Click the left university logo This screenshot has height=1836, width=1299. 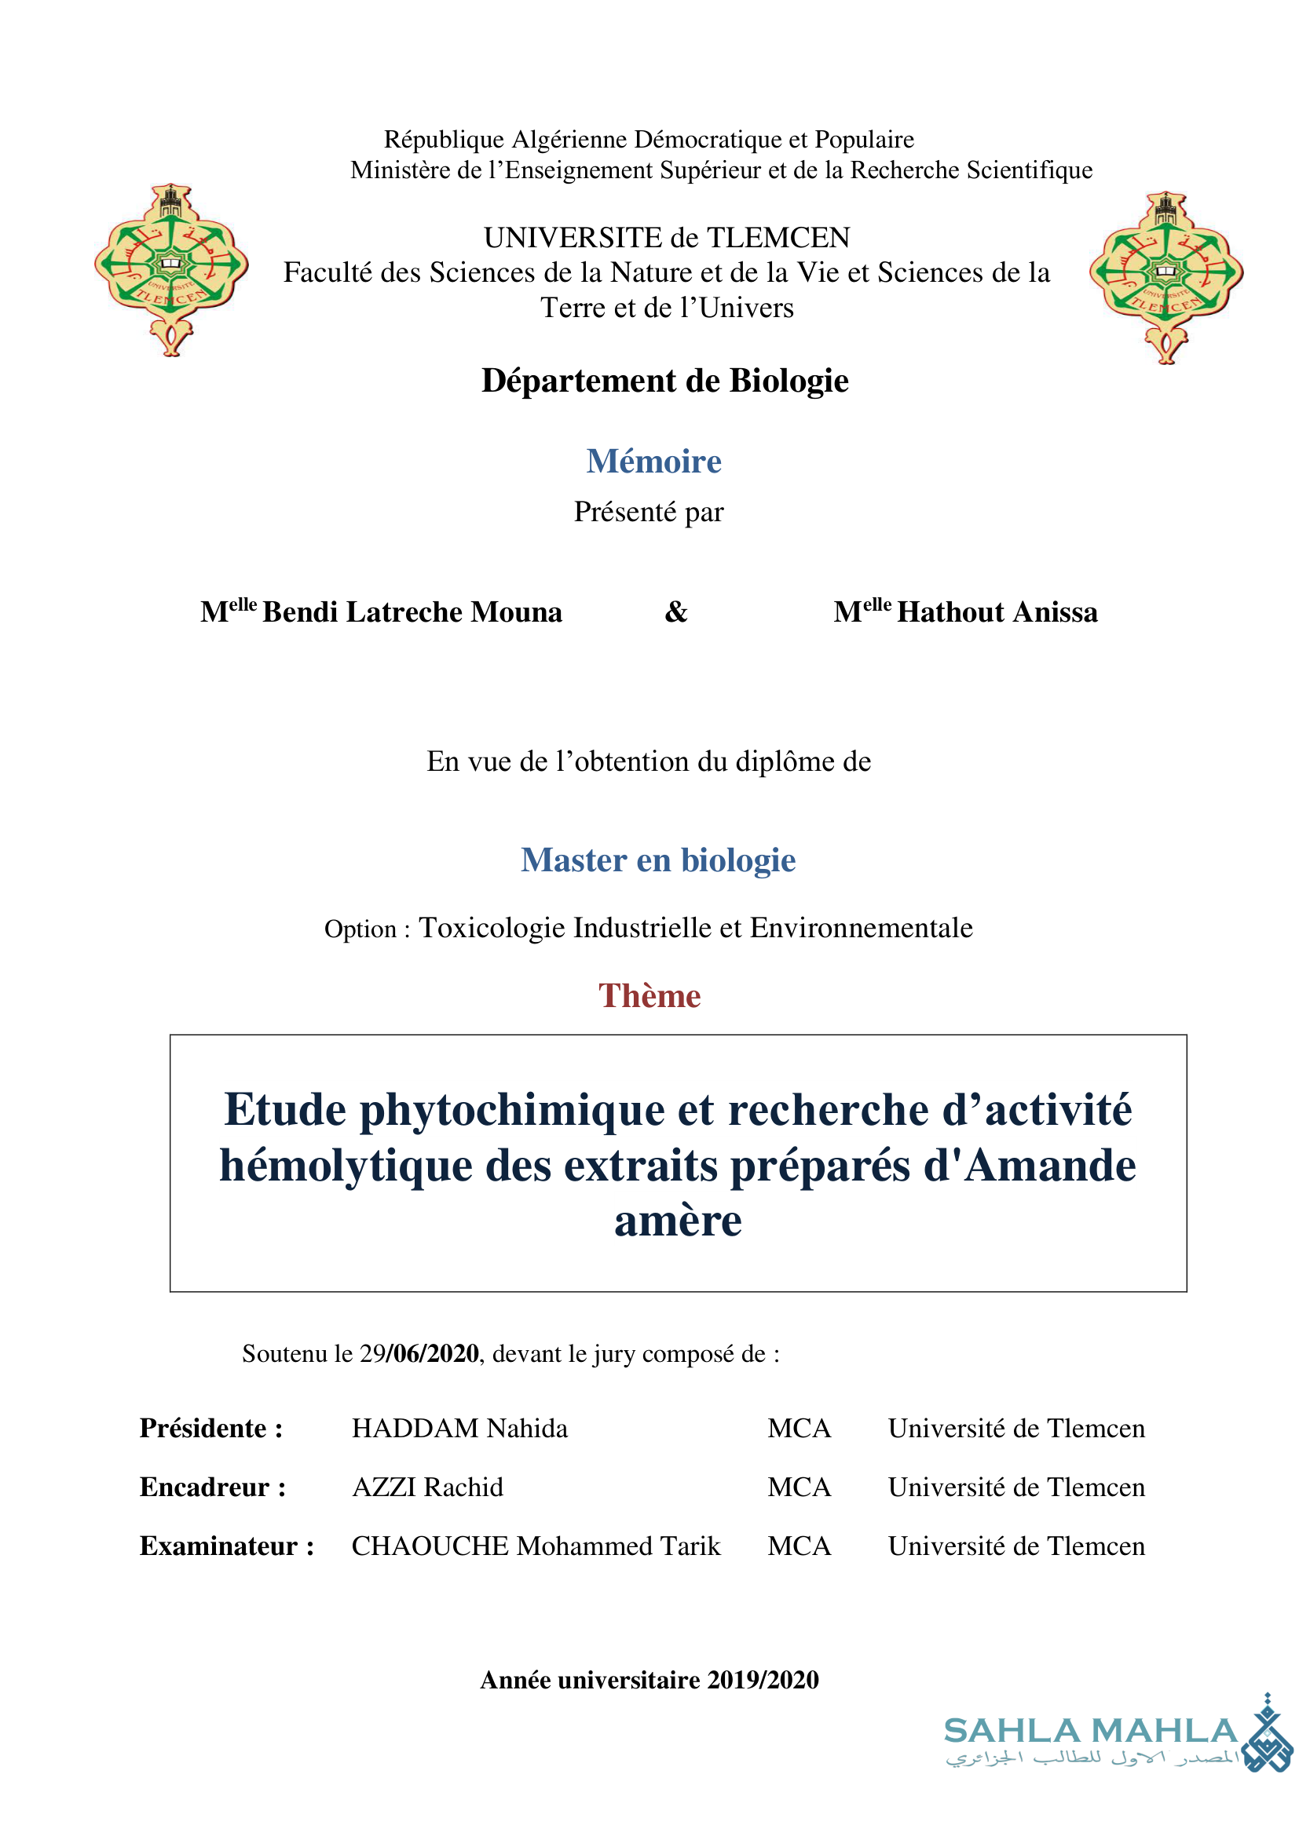171,269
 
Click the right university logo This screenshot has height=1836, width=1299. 1165,277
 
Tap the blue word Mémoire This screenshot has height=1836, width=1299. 653,462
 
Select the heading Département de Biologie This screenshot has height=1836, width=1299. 664,381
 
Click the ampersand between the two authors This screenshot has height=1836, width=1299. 676,611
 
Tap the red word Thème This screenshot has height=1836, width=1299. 649,996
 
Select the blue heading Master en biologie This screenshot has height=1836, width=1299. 657,860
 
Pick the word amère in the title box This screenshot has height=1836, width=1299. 678,1221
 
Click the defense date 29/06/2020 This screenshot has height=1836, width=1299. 419,1354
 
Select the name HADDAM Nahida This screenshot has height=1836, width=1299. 459,1428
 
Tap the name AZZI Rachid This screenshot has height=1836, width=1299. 427,1487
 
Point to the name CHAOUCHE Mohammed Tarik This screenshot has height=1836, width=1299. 536,1546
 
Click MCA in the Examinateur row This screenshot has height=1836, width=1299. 799,1546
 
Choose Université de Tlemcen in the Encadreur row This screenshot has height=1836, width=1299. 1015,1487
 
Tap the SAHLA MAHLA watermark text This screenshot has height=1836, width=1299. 1090,1732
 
